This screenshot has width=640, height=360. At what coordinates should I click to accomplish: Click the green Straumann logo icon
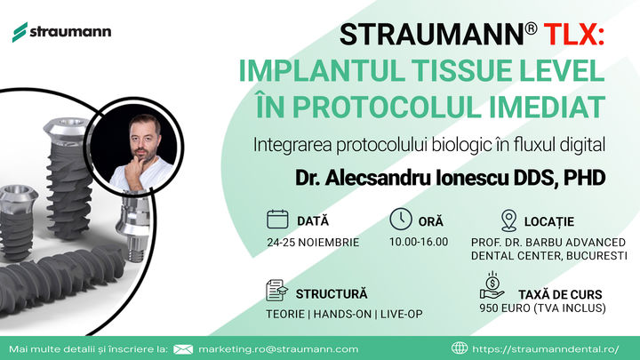point(20,32)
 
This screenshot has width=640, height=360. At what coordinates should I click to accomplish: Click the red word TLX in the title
point(574,35)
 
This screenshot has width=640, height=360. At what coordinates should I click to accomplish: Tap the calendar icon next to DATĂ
point(277,220)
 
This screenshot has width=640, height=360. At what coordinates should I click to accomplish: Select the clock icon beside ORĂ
point(401,220)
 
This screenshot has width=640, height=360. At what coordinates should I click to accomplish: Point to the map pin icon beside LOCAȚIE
point(508,220)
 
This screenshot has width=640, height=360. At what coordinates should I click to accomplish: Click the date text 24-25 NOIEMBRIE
point(313,243)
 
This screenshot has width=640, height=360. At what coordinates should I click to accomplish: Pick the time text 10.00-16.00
point(419,242)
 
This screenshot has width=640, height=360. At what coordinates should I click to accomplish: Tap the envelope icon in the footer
point(183,349)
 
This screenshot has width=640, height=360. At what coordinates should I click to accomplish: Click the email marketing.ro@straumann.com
point(278,349)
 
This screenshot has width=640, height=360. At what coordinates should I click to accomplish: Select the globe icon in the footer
point(460,348)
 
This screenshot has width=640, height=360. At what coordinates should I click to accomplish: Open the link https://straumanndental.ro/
point(545,349)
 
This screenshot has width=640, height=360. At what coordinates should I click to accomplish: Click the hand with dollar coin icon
point(492,285)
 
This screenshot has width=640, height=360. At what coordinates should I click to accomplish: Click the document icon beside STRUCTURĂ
point(276,290)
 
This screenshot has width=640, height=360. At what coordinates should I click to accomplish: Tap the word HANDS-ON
point(342,315)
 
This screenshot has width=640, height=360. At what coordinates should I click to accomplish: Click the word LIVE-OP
point(401,315)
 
